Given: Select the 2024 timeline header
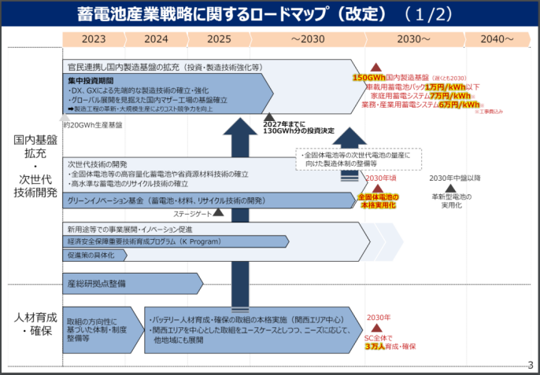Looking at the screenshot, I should (156, 39).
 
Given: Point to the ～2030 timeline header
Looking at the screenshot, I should (307, 39).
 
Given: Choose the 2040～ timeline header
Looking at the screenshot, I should (497, 39).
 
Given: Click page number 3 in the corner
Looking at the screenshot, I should (530, 364).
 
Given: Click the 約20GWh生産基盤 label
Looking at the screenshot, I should (92, 124).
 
